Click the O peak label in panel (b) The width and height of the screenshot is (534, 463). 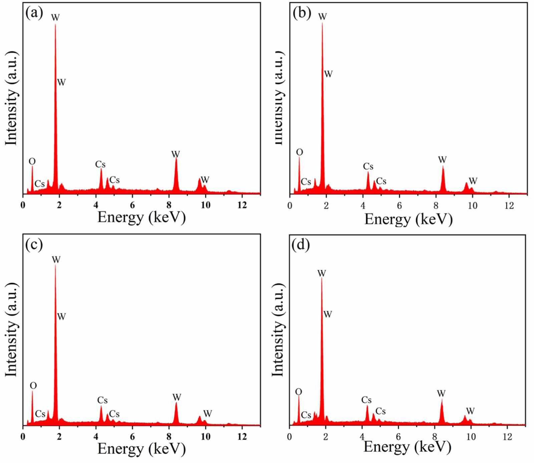299,152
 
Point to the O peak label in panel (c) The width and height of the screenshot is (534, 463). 33,385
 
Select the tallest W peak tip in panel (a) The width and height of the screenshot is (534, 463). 55,25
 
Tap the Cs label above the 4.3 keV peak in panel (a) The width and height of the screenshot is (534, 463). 100,164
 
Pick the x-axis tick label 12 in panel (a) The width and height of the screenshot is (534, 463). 242,205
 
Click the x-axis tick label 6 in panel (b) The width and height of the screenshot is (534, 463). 399,205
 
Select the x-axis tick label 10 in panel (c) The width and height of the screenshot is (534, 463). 206,436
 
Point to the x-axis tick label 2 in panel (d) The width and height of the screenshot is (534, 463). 325,436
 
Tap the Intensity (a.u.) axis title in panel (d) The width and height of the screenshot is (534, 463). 278,330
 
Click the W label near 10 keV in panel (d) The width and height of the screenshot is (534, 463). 470,411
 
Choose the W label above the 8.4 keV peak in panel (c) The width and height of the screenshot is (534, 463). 177,397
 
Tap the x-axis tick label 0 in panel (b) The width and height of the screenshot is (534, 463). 290,205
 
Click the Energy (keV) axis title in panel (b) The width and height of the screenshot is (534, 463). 409,219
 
